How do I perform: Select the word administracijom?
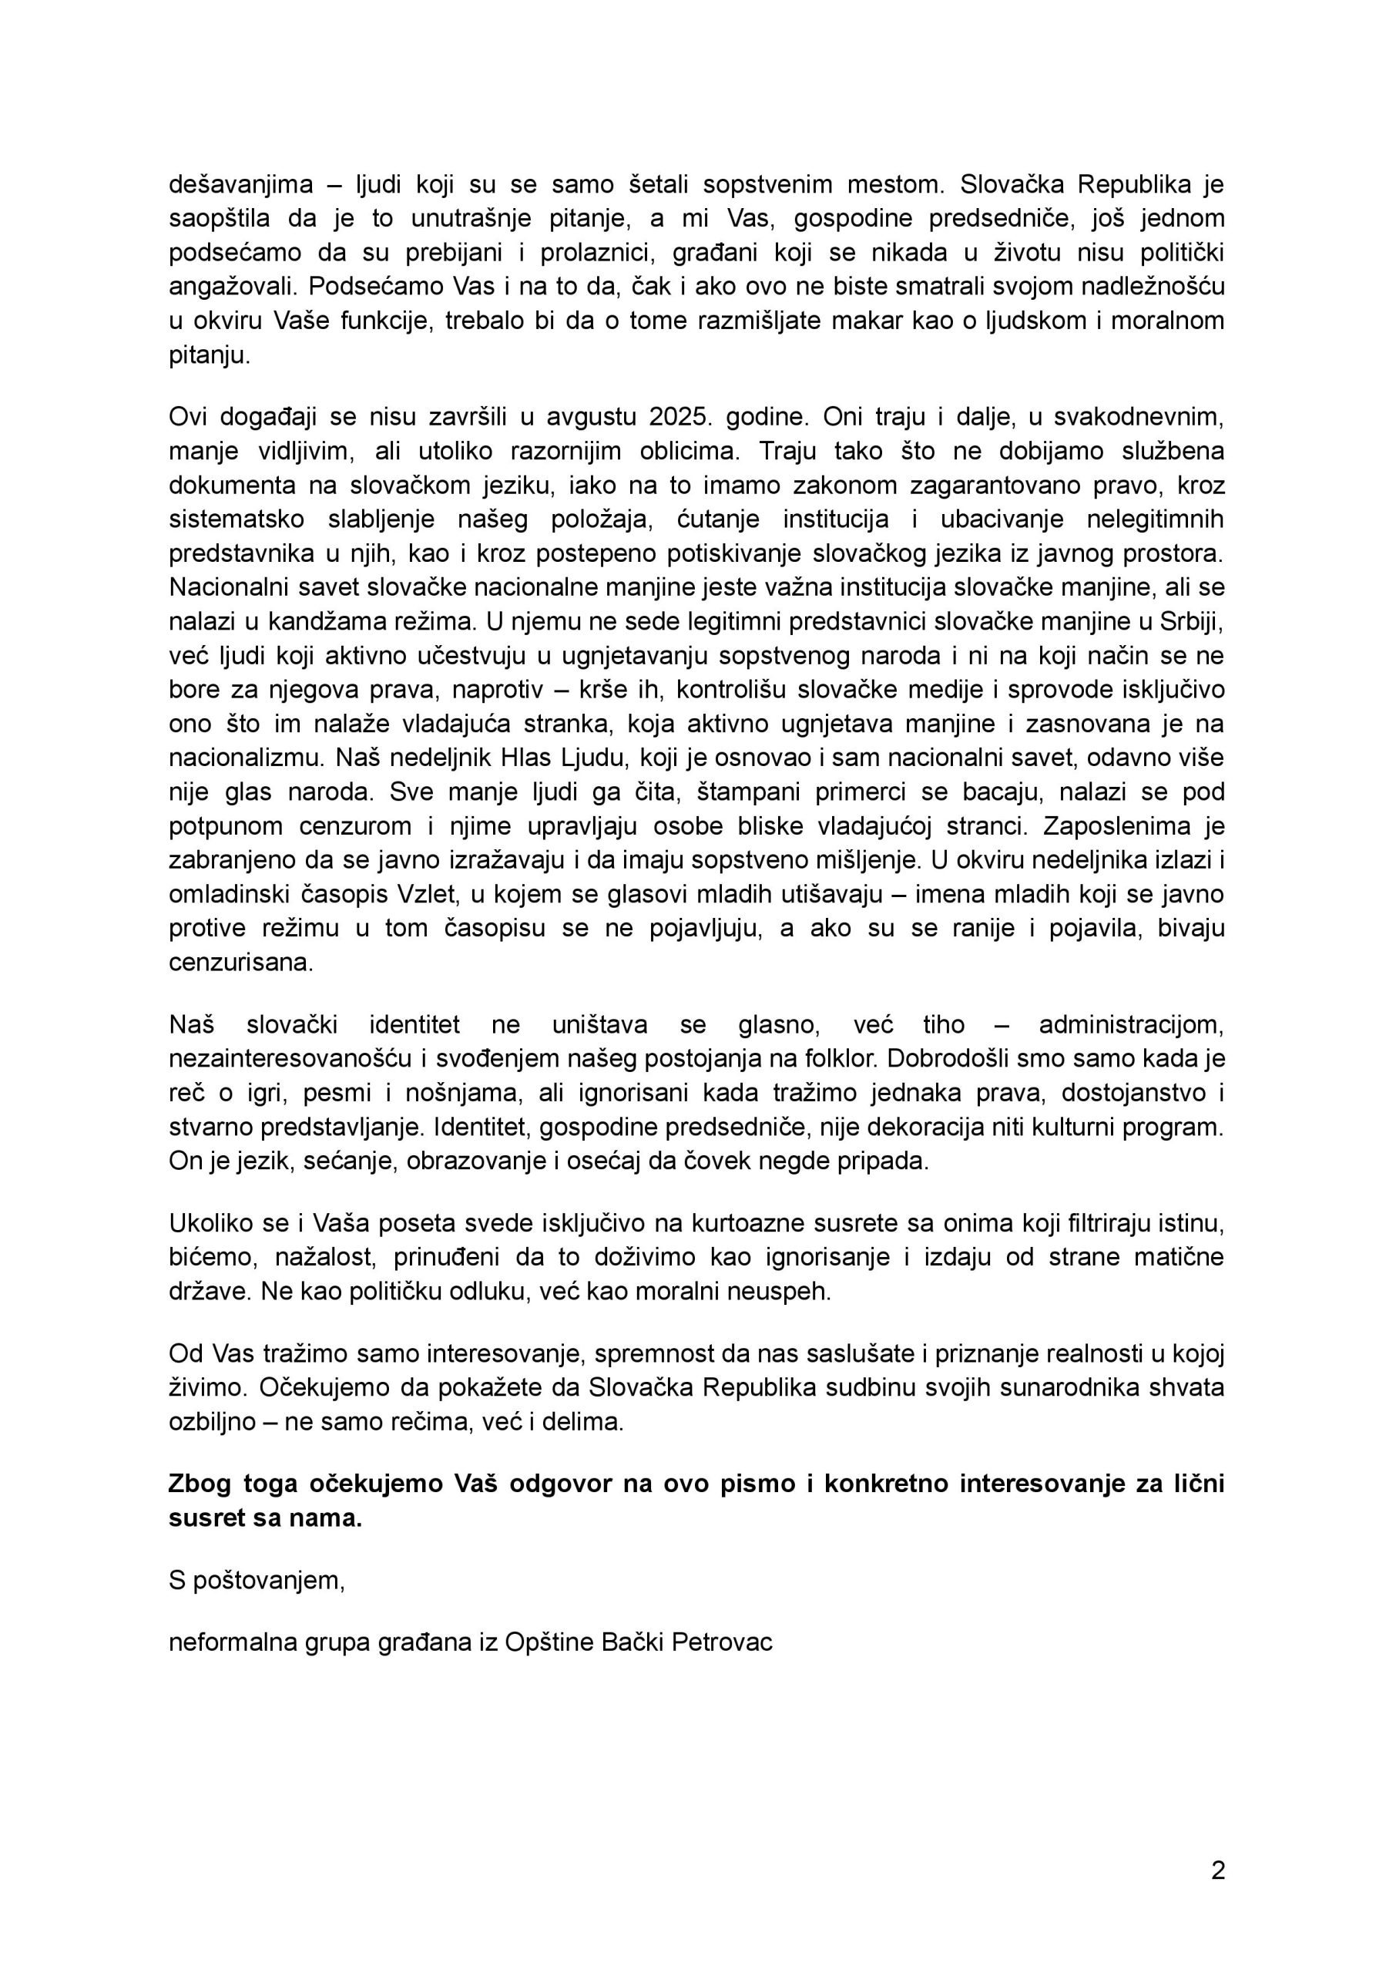[1130, 1025]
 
